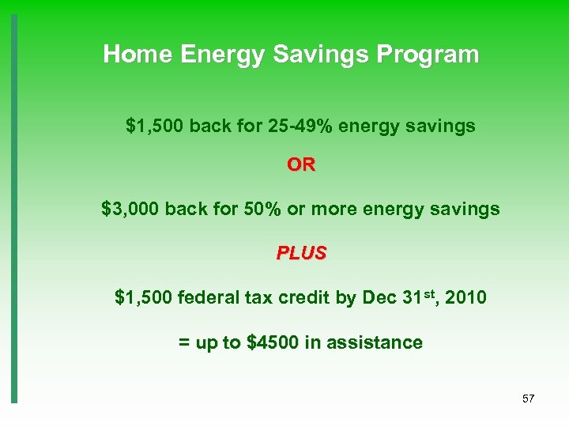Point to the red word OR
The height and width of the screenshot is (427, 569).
click(x=300, y=165)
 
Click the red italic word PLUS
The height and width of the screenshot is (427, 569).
click(x=301, y=253)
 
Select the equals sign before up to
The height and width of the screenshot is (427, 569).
click(x=183, y=343)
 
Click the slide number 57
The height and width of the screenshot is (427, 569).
click(x=528, y=399)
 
